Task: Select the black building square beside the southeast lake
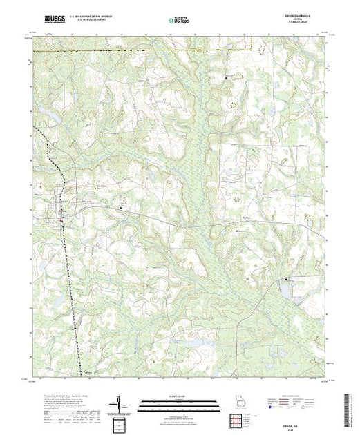287,280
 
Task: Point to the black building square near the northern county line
230,79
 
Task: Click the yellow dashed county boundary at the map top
138,50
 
